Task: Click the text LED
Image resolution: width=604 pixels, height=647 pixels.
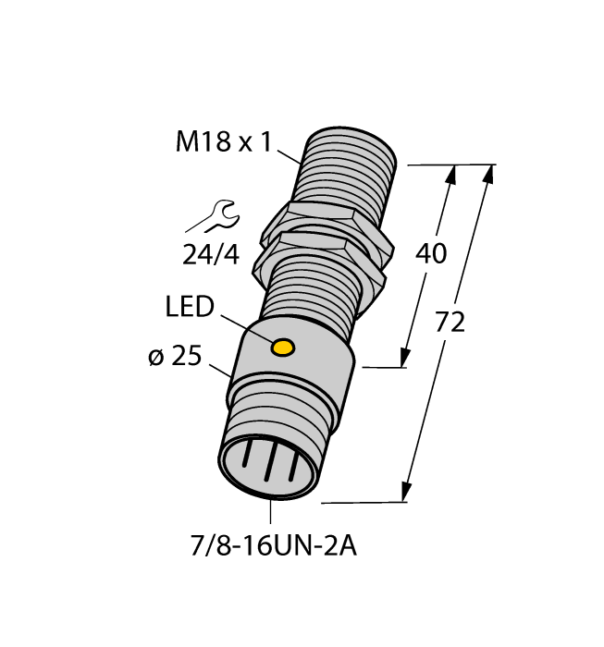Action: [x=191, y=305]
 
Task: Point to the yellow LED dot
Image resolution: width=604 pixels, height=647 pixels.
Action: [x=282, y=348]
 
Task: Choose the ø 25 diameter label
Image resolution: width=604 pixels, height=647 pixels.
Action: [x=174, y=356]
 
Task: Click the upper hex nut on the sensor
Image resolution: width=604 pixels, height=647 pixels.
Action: [x=324, y=219]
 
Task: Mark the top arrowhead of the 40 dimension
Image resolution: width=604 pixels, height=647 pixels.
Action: [x=452, y=175]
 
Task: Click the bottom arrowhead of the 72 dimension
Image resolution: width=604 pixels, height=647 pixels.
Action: [x=405, y=493]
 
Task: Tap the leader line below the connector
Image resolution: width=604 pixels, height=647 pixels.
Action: [x=272, y=514]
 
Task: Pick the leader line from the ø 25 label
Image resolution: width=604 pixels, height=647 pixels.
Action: [x=218, y=371]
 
